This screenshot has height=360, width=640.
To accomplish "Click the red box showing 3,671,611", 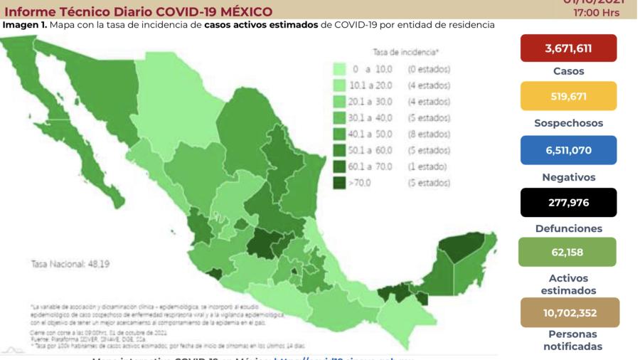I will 568,48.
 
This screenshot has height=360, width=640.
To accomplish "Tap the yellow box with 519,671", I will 568,96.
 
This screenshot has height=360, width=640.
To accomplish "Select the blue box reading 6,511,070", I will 568,150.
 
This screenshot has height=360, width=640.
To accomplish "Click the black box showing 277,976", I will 568,203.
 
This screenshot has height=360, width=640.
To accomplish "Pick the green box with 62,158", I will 568,252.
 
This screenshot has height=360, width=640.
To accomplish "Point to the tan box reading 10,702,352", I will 568,312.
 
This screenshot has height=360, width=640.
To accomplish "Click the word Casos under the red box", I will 568,71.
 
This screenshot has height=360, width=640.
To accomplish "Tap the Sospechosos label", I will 568,123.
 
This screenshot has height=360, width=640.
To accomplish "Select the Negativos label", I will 568,177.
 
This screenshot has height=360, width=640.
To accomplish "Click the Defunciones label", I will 568,228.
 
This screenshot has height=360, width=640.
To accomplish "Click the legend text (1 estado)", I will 427,166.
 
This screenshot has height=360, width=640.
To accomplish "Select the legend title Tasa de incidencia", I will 405,53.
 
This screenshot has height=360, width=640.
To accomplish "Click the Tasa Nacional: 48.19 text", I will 70,264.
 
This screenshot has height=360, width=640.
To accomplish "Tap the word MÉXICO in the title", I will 241,11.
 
